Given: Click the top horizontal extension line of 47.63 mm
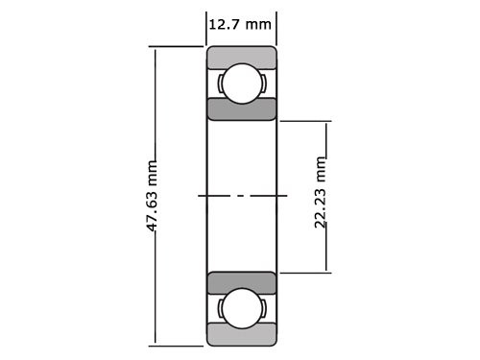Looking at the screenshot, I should [178, 46].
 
